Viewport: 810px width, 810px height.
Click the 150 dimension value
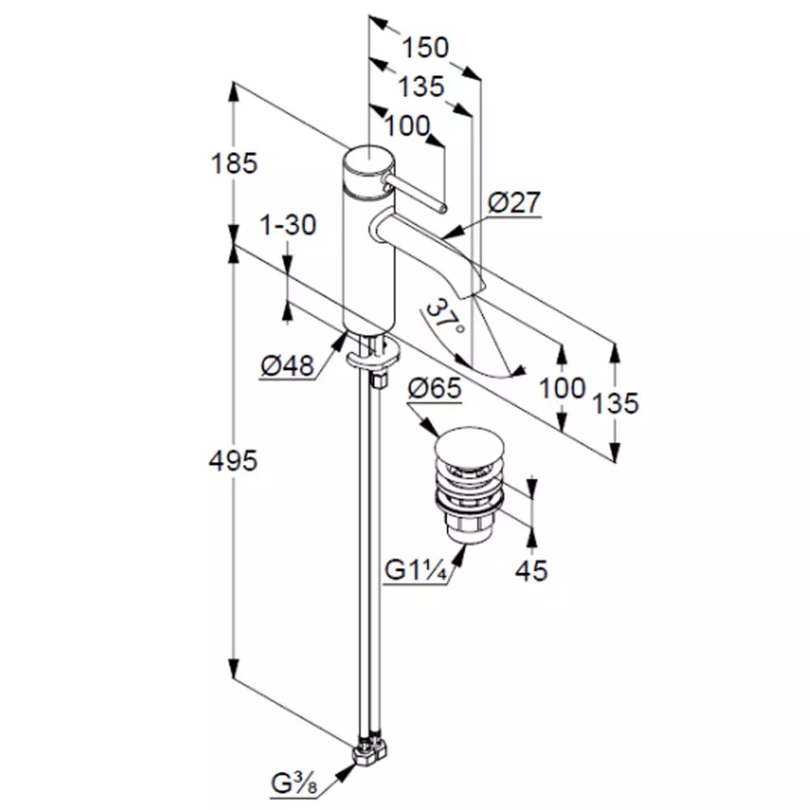(425, 48)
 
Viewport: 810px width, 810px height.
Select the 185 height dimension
(233, 164)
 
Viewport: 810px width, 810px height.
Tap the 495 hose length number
(233, 460)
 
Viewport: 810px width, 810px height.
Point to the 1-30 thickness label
(288, 225)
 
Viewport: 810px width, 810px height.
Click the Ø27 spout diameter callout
(514, 202)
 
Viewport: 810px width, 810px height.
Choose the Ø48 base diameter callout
(288, 366)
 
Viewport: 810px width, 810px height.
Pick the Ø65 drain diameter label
(434, 388)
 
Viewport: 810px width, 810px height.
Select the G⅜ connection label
(295, 784)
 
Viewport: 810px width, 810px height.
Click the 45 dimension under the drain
(531, 571)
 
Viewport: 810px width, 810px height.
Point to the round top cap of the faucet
(369, 160)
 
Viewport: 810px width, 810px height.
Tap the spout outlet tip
(474, 290)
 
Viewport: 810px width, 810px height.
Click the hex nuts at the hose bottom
(370, 752)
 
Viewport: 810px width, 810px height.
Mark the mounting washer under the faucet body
(373, 355)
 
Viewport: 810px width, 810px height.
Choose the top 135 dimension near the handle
(421, 87)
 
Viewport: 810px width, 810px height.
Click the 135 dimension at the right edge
(615, 403)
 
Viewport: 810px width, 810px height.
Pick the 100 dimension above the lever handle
(407, 126)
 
